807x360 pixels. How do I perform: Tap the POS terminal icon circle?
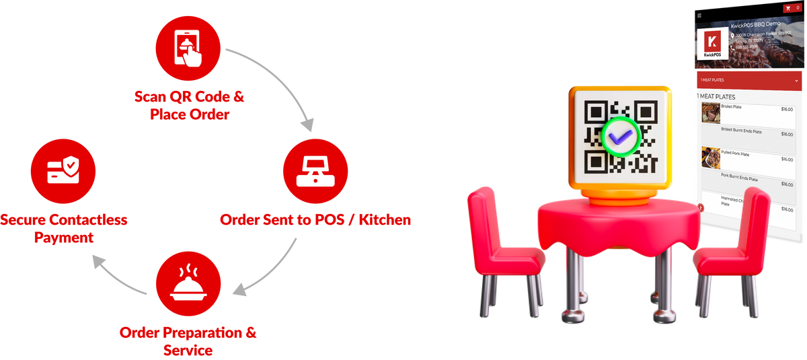pos(315,170)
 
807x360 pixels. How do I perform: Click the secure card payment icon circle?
pos(64,170)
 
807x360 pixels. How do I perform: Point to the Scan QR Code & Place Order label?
pos(188,106)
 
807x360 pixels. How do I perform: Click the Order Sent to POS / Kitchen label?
pos(315,220)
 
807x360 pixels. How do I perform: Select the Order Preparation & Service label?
pos(188,341)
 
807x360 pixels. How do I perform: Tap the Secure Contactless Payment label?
pos(64,228)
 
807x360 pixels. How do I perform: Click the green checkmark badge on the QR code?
pos(619,137)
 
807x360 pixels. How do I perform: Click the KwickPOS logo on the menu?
pos(712,44)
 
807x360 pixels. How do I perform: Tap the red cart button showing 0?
pos(792,7)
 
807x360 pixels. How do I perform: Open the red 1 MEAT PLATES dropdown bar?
pos(749,80)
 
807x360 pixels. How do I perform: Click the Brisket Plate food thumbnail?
pos(711,112)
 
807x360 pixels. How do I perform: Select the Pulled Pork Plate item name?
pos(735,154)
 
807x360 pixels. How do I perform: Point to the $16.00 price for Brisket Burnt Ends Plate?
pos(786,134)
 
